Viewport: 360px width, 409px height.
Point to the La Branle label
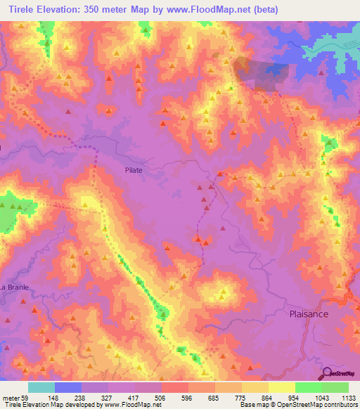click(13, 287)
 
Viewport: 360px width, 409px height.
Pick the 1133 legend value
click(347, 398)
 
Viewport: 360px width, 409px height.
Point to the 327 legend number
click(108, 398)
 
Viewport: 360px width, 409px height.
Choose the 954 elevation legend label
click(295, 398)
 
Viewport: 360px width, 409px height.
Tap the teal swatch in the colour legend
click(41, 387)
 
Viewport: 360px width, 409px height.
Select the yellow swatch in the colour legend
click(255, 387)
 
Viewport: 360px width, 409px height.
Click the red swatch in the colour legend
click(175, 387)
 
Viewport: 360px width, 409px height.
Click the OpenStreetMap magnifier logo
click(326, 372)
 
